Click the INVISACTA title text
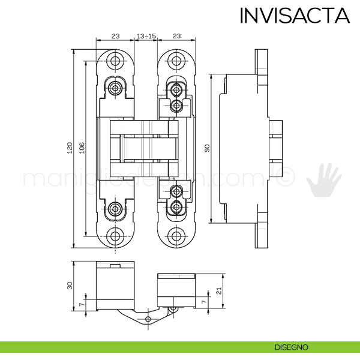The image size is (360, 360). click(294, 16)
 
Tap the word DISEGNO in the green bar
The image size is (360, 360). click(292, 347)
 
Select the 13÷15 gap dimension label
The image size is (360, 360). click(146, 36)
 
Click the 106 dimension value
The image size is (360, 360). click(82, 147)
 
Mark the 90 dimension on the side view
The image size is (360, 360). click(208, 147)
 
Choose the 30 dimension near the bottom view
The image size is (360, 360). click(70, 285)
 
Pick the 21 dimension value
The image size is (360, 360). click(221, 291)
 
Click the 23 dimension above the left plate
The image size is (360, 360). click(116, 36)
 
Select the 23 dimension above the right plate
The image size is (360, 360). click(176, 36)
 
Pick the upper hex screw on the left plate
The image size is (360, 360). click(116, 88)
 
